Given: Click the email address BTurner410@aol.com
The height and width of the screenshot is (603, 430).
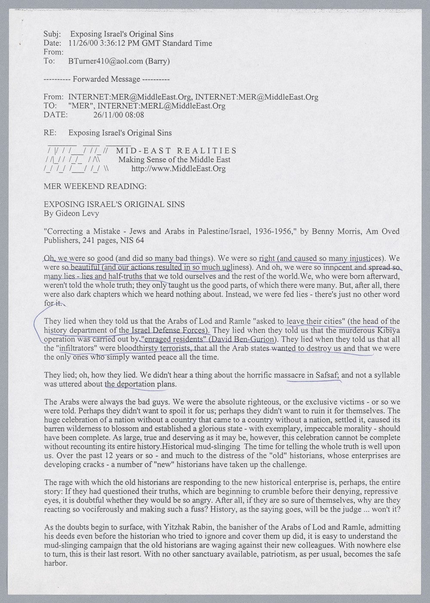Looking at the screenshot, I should (105, 61).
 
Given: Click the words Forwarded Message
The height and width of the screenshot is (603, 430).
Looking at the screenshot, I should (107, 79).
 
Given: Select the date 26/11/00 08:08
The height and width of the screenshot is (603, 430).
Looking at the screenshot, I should (118, 115).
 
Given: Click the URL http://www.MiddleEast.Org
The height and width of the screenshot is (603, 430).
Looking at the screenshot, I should (178, 168).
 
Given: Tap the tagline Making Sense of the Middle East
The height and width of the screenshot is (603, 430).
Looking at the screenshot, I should (175, 160).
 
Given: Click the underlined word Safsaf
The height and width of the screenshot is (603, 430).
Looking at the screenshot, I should (327, 375).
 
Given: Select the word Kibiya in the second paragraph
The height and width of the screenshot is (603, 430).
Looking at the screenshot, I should (387, 330).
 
